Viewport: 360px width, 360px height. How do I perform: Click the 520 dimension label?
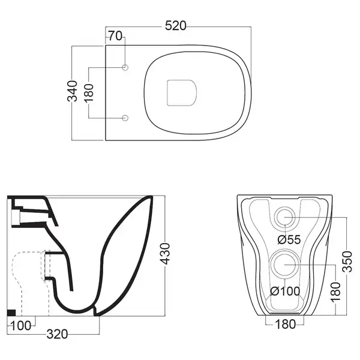tap(176, 26)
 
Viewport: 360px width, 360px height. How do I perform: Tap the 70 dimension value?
tap(115, 36)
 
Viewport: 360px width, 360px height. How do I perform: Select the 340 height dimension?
tap(73, 91)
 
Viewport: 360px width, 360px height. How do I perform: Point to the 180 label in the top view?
tap(89, 93)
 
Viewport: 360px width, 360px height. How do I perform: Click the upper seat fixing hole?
tap(125, 67)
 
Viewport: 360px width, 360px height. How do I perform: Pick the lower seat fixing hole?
tap(125, 118)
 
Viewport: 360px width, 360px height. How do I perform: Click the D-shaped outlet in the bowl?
tap(182, 93)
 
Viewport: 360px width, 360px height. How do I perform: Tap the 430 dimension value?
tap(165, 254)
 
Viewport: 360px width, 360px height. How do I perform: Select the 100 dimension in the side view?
tap(20, 326)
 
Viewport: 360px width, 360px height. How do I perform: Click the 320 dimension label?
tap(58, 334)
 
